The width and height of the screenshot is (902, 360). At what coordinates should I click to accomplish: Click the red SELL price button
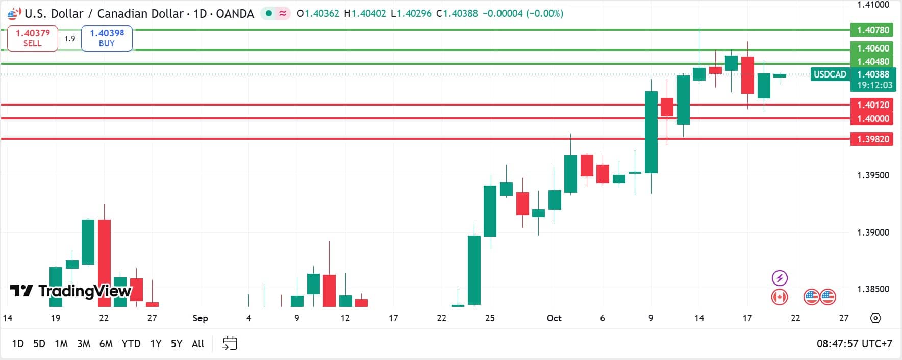point(33,38)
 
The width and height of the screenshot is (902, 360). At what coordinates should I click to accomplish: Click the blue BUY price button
point(107,38)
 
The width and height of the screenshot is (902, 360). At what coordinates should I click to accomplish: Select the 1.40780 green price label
point(872,30)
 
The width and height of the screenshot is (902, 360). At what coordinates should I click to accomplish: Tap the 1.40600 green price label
point(872,48)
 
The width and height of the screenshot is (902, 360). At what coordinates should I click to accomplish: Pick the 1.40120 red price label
point(872,105)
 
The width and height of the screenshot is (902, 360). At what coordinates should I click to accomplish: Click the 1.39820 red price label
point(872,139)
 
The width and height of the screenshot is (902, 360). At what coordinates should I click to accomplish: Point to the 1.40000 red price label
point(872,118)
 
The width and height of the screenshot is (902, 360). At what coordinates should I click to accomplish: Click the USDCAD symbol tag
point(830,74)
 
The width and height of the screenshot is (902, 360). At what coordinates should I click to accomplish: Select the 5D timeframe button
point(39,344)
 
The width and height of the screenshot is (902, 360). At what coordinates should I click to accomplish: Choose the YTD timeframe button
point(131,344)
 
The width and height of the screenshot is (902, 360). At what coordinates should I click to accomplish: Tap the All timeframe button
point(198,344)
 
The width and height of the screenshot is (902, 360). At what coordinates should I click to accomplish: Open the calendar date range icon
point(230,343)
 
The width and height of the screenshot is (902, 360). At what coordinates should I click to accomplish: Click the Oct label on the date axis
point(554,318)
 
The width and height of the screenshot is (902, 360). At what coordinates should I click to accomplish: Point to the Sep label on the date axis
point(200,318)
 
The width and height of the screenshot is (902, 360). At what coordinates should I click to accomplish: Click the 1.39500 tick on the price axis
point(872,175)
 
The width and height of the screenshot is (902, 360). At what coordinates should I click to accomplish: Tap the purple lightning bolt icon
point(780,278)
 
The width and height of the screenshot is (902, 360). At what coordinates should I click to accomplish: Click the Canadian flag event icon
point(780,297)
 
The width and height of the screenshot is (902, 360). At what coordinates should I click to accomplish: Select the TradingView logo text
point(71,291)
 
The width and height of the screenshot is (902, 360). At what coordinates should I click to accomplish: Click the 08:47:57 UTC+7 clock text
point(855,344)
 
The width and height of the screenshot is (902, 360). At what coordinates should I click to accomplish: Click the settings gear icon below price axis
point(875,318)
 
